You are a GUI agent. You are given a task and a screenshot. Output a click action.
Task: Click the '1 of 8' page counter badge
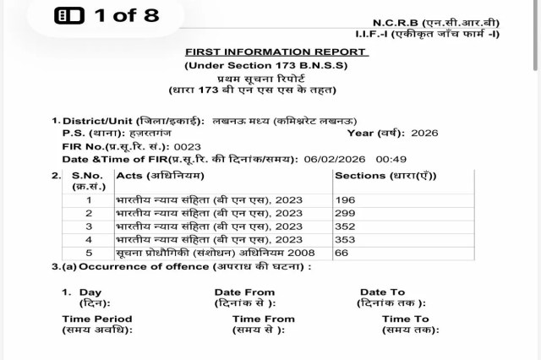tap(95, 15)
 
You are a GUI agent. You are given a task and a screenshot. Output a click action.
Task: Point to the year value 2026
tap(424, 134)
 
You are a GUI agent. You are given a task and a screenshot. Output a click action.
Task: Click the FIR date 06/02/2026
tap(331, 159)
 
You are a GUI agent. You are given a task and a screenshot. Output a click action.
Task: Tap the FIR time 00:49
tap(387, 159)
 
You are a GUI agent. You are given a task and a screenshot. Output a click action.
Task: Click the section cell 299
tap(345, 214)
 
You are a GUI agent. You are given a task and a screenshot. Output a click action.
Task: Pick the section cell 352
tap(345, 227)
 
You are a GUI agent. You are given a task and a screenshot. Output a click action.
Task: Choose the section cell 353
tap(345, 240)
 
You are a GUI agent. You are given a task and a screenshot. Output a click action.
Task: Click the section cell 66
tap(342, 254)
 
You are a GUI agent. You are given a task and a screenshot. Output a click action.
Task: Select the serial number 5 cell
tap(89, 254)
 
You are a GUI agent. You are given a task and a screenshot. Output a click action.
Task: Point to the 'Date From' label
tap(244, 292)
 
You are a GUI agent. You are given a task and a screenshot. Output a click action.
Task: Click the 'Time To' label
tap(405, 319)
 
